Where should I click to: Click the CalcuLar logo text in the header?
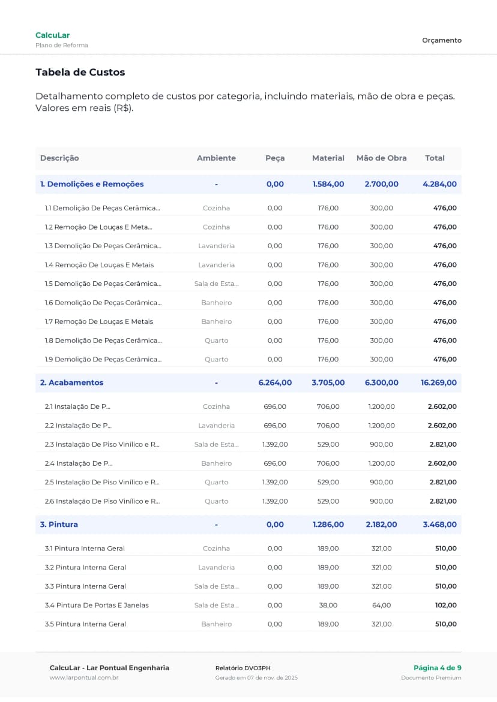click(x=52, y=35)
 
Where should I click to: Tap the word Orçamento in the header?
click(x=442, y=40)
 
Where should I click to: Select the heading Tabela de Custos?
click(x=80, y=73)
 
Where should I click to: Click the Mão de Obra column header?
click(x=381, y=158)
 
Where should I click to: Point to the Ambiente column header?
click(x=216, y=158)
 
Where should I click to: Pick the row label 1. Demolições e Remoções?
click(x=92, y=184)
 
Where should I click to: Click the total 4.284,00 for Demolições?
click(x=439, y=184)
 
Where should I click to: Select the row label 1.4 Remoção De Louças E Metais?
click(x=99, y=265)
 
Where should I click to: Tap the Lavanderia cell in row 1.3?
click(x=216, y=246)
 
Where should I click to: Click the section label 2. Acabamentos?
click(x=71, y=382)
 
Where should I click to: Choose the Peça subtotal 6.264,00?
click(x=275, y=382)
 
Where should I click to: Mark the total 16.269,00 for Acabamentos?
click(x=438, y=382)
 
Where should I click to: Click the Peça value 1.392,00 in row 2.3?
click(x=275, y=444)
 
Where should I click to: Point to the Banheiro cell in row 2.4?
click(x=216, y=463)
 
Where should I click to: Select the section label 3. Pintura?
click(x=59, y=525)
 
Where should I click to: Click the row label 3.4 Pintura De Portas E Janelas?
click(x=97, y=605)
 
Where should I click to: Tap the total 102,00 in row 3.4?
click(x=445, y=605)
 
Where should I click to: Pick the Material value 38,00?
click(x=328, y=605)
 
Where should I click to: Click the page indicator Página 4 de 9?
click(x=437, y=668)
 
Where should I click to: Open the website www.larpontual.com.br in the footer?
click(x=83, y=678)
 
